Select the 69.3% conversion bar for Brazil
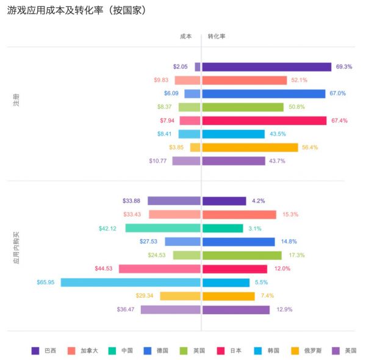click(267, 67)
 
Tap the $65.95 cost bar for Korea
click(131, 283)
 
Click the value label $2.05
click(180, 67)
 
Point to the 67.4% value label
click(339, 121)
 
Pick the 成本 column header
click(186, 36)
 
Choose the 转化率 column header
click(217, 36)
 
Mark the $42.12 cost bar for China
click(163, 228)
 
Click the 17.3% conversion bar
click(242, 255)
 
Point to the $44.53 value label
click(104, 268)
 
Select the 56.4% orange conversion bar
click(250, 148)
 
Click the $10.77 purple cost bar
click(186, 161)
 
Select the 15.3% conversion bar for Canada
click(239, 214)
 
